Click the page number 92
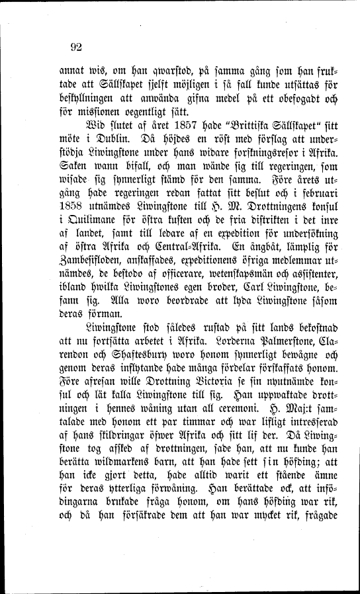click(x=73, y=46)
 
